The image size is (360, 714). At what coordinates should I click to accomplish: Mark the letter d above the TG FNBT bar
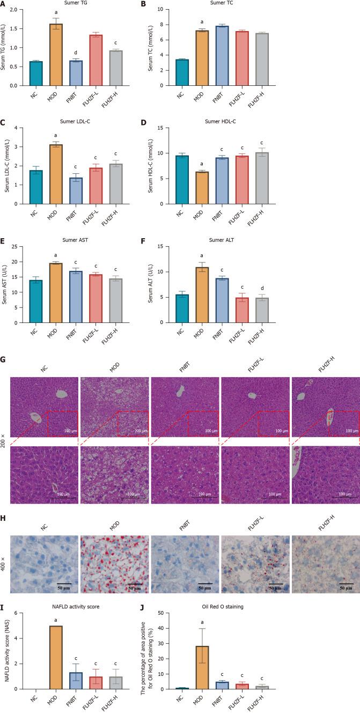(x=76, y=52)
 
